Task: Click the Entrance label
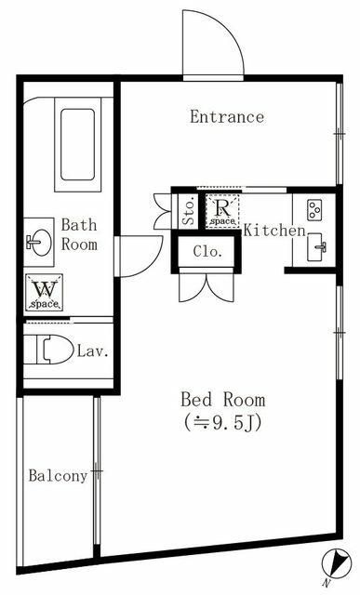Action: click(227, 117)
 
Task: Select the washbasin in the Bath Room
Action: click(39, 242)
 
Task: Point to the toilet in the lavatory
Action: click(52, 350)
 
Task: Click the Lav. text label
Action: click(93, 351)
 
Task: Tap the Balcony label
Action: click(58, 476)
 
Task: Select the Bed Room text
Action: click(222, 400)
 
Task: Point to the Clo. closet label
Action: click(206, 251)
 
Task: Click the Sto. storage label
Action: click(188, 210)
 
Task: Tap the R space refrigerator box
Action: click(222, 212)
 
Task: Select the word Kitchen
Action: click(274, 230)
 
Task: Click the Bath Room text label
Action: click(79, 234)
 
